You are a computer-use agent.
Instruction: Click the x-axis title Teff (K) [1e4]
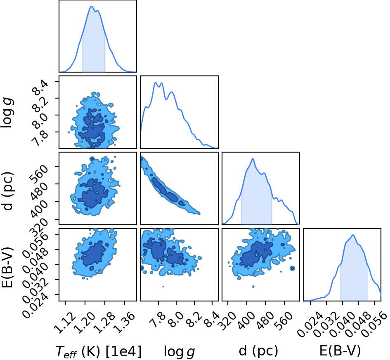(x=99, y=352)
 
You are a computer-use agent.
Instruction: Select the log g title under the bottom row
(x=179, y=352)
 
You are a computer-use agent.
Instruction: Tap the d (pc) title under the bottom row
(x=258, y=351)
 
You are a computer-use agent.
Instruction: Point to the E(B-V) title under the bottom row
(x=340, y=351)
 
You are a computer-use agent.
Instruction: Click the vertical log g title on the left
(x=7, y=113)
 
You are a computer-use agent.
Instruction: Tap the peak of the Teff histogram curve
(x=91, y=7)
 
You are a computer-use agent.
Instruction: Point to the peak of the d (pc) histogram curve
(x=253, y=159)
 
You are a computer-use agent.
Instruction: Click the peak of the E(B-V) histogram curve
(x=353, y=235)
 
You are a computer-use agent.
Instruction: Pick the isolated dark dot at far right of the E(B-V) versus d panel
(x=292, y=268)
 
